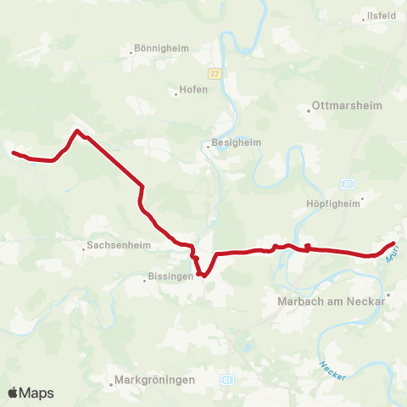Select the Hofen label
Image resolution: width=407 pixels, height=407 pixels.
tap(193, 90)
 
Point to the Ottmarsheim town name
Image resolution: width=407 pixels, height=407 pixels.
tap(348, 107)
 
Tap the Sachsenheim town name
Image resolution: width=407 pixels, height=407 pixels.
tap(111, 248)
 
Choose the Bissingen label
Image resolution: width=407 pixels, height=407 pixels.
tap(170, 277)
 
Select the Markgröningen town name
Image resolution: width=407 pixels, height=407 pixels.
tap(154, 380)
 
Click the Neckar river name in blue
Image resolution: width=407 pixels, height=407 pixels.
tap(332, 370)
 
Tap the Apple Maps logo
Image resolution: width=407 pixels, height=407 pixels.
tap(31, 393)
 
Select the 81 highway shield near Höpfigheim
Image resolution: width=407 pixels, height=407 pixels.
tap(348, 182)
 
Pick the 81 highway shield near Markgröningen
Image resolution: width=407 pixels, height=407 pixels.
tap(226, 380)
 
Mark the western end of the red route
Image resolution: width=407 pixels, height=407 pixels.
tap(14, 153)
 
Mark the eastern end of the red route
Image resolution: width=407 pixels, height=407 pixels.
tap(395, 244)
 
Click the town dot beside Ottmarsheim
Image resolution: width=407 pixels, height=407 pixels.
tap(308, 109)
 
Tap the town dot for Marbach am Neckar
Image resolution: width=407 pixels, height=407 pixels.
tap(387, 296)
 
